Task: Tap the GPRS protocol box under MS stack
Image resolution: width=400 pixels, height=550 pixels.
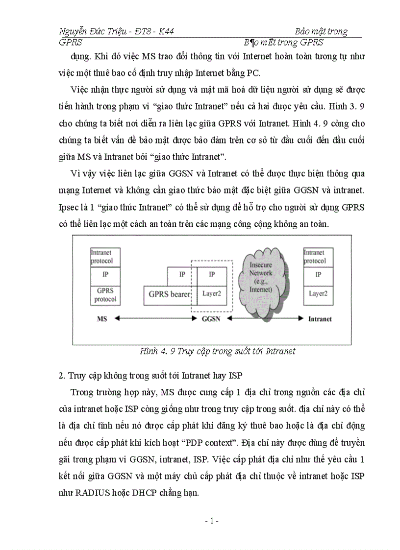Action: pyautogui.click(x=105, y=295)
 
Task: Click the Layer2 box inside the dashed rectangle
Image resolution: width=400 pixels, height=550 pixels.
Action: pyautogui.click(x=212, y=294)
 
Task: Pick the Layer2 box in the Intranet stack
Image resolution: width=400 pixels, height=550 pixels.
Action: pyautogui.click(x=318, y=294)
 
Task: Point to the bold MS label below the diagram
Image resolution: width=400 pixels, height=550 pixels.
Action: pyautogui.click(x=102, y=319)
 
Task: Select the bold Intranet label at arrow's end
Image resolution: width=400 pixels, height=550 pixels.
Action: pyautogui.click(x=320, y=319)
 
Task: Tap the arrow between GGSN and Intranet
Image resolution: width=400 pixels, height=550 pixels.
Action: pyautogui.click(x=265, y=318)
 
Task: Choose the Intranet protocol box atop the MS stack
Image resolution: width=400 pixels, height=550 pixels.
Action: pyautogui.click(x=105, y=257)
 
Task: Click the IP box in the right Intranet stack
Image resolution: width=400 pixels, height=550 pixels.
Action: pyautogui.click(x=318, y=275)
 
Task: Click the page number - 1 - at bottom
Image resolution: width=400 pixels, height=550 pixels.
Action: pyautogui.click(x=211, y=521)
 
